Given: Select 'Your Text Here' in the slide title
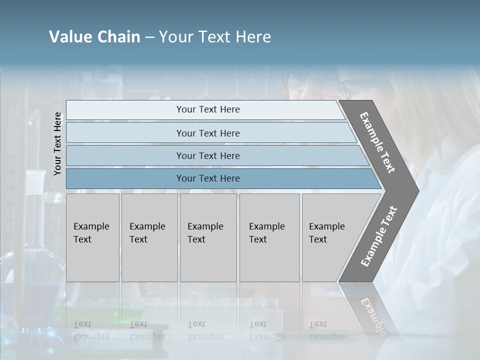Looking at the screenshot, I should (215, 37).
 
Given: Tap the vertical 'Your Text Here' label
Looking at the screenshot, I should (57, 143).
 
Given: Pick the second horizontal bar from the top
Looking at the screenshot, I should (208, 133).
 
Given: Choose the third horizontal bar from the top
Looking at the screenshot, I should (208, 155).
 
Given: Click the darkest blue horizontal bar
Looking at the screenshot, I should (208, 178).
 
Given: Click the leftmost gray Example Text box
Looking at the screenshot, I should (92, 237).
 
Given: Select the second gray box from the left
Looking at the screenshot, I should (149, 237).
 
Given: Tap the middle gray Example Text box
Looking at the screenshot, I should (208, 237).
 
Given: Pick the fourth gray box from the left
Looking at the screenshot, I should (269, 237).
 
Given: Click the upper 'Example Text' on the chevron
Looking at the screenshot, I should (377, 142).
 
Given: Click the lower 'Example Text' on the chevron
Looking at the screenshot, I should (379, 236).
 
